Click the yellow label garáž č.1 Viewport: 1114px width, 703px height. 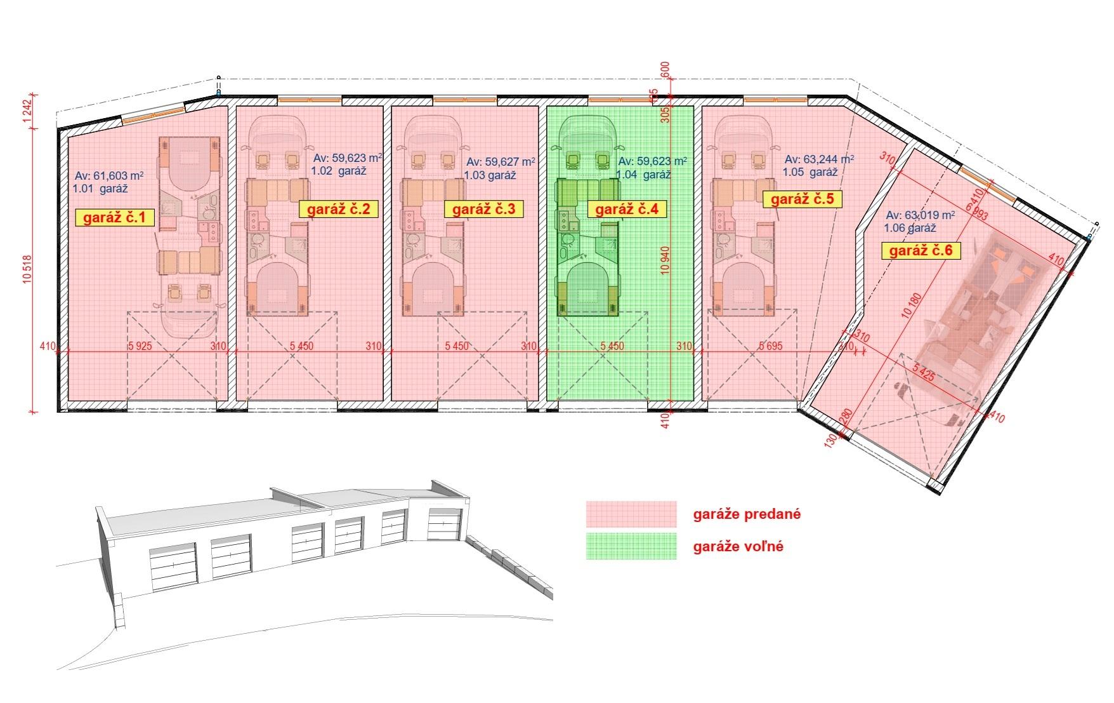click(115, 218)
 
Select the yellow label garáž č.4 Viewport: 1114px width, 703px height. click(619, 209)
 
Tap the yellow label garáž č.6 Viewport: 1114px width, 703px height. click(921, 251)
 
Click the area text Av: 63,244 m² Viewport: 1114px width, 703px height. click(819, 159)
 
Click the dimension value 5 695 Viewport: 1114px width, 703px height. click(770, 347)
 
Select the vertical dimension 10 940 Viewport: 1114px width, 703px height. click(664, 260)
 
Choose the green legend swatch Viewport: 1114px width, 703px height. click(631, 546)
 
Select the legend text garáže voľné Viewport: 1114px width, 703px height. click(738, 546)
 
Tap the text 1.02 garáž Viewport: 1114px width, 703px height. click(338, 171)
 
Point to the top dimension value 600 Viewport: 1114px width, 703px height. click(665, 69)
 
